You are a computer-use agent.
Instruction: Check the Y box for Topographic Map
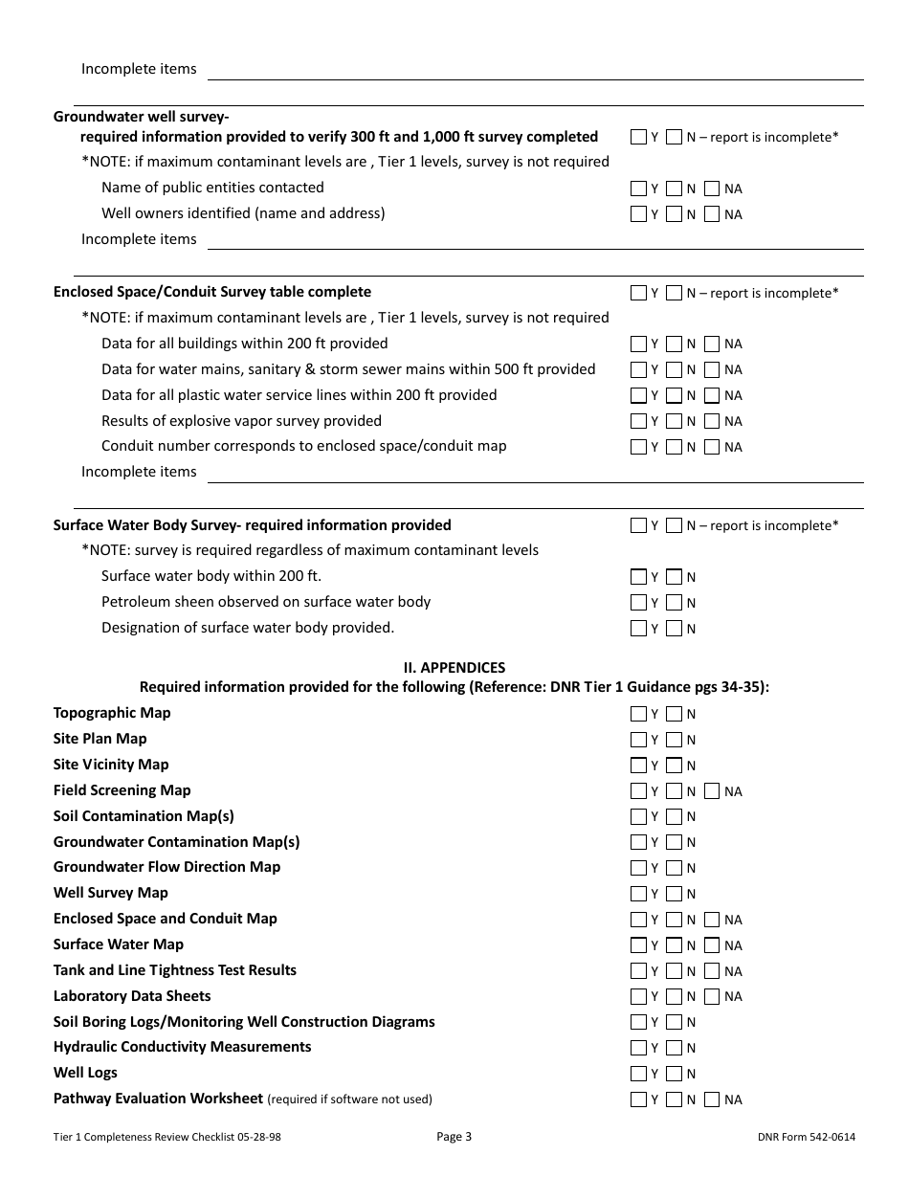[x=638, y=714]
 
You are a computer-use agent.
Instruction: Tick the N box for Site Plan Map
[x=674, y=740]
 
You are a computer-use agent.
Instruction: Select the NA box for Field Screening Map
[x=711, y=791]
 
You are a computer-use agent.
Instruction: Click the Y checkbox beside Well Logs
[x=638, y=1074]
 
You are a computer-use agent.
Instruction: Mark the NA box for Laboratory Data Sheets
[x=711, y=996]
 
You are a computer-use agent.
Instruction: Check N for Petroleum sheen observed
[x=674, y=603]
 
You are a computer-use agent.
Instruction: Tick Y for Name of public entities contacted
[x=638, y=189]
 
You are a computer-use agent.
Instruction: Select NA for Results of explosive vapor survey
[x=711, y=421]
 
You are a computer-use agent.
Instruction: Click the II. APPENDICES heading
[x=454, y=668]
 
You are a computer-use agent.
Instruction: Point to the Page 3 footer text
[x=454, y=1137]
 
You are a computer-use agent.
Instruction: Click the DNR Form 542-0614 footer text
[x=805, y=1137]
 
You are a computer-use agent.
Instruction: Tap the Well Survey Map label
[x=111, y=893]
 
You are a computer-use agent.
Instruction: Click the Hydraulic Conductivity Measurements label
[x=182, y=1047]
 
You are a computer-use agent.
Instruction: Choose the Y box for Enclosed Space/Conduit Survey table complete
[x=638, y=293]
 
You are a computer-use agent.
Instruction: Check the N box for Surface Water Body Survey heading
[x=674, y=525]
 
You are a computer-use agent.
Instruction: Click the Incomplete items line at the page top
[x=536, y=70]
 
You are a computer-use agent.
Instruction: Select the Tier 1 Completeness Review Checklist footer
[x=167, y=1137]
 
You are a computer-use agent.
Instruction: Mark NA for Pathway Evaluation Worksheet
[x=711, y=1099]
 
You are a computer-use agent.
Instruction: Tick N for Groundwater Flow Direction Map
[x=674, y=868]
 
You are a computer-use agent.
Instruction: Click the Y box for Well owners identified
[x=638, y=214]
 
